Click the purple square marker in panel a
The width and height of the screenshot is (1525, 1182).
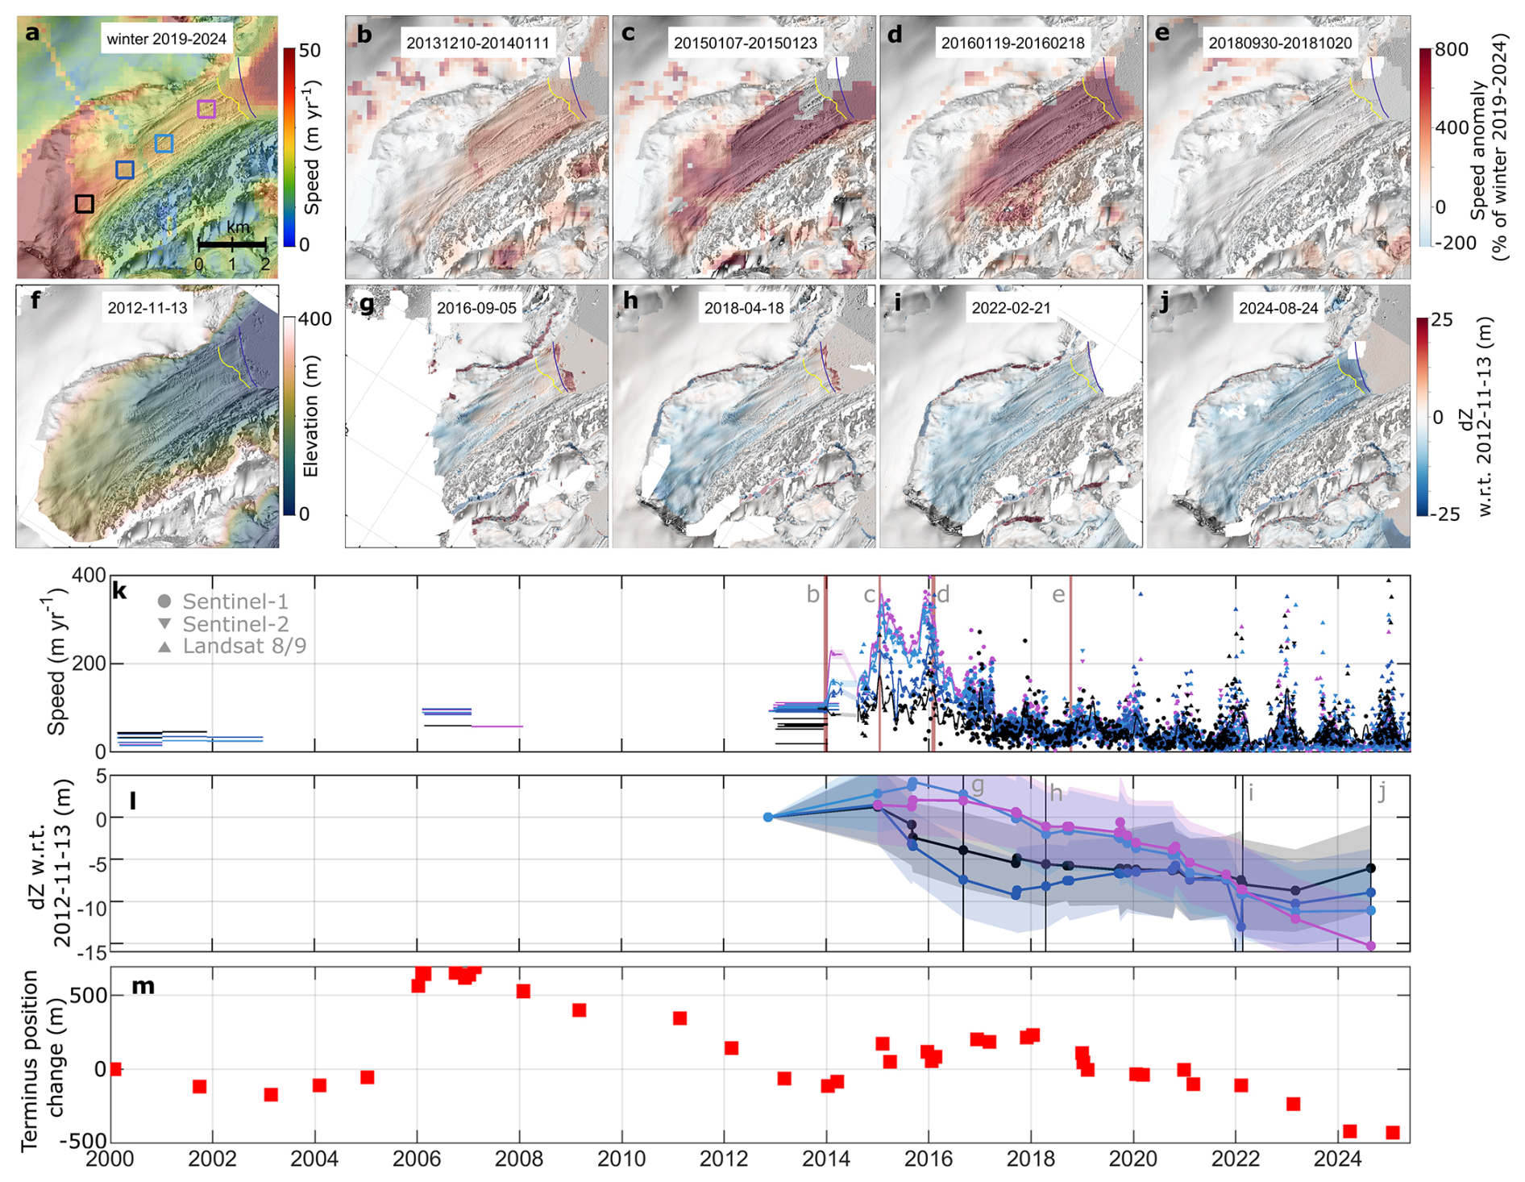point(206,108)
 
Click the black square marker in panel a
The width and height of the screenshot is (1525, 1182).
point(85,203)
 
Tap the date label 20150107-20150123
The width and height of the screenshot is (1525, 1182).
point(745,43)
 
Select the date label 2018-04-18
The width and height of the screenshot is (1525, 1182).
point(743,308)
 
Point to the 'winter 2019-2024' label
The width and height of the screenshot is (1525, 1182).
point(167,39)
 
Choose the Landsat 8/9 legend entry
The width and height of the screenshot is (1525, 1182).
point(232,646)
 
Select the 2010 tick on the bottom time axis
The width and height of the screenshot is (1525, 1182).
point(621,1159)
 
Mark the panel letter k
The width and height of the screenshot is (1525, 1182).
point(119,591)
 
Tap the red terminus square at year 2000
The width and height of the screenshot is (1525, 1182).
point(114,1069)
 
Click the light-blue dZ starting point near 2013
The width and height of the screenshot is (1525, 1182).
point(768,818)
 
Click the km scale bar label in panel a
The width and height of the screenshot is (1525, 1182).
point(238,228)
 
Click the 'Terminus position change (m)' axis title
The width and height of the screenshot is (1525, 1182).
point(41,1059)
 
